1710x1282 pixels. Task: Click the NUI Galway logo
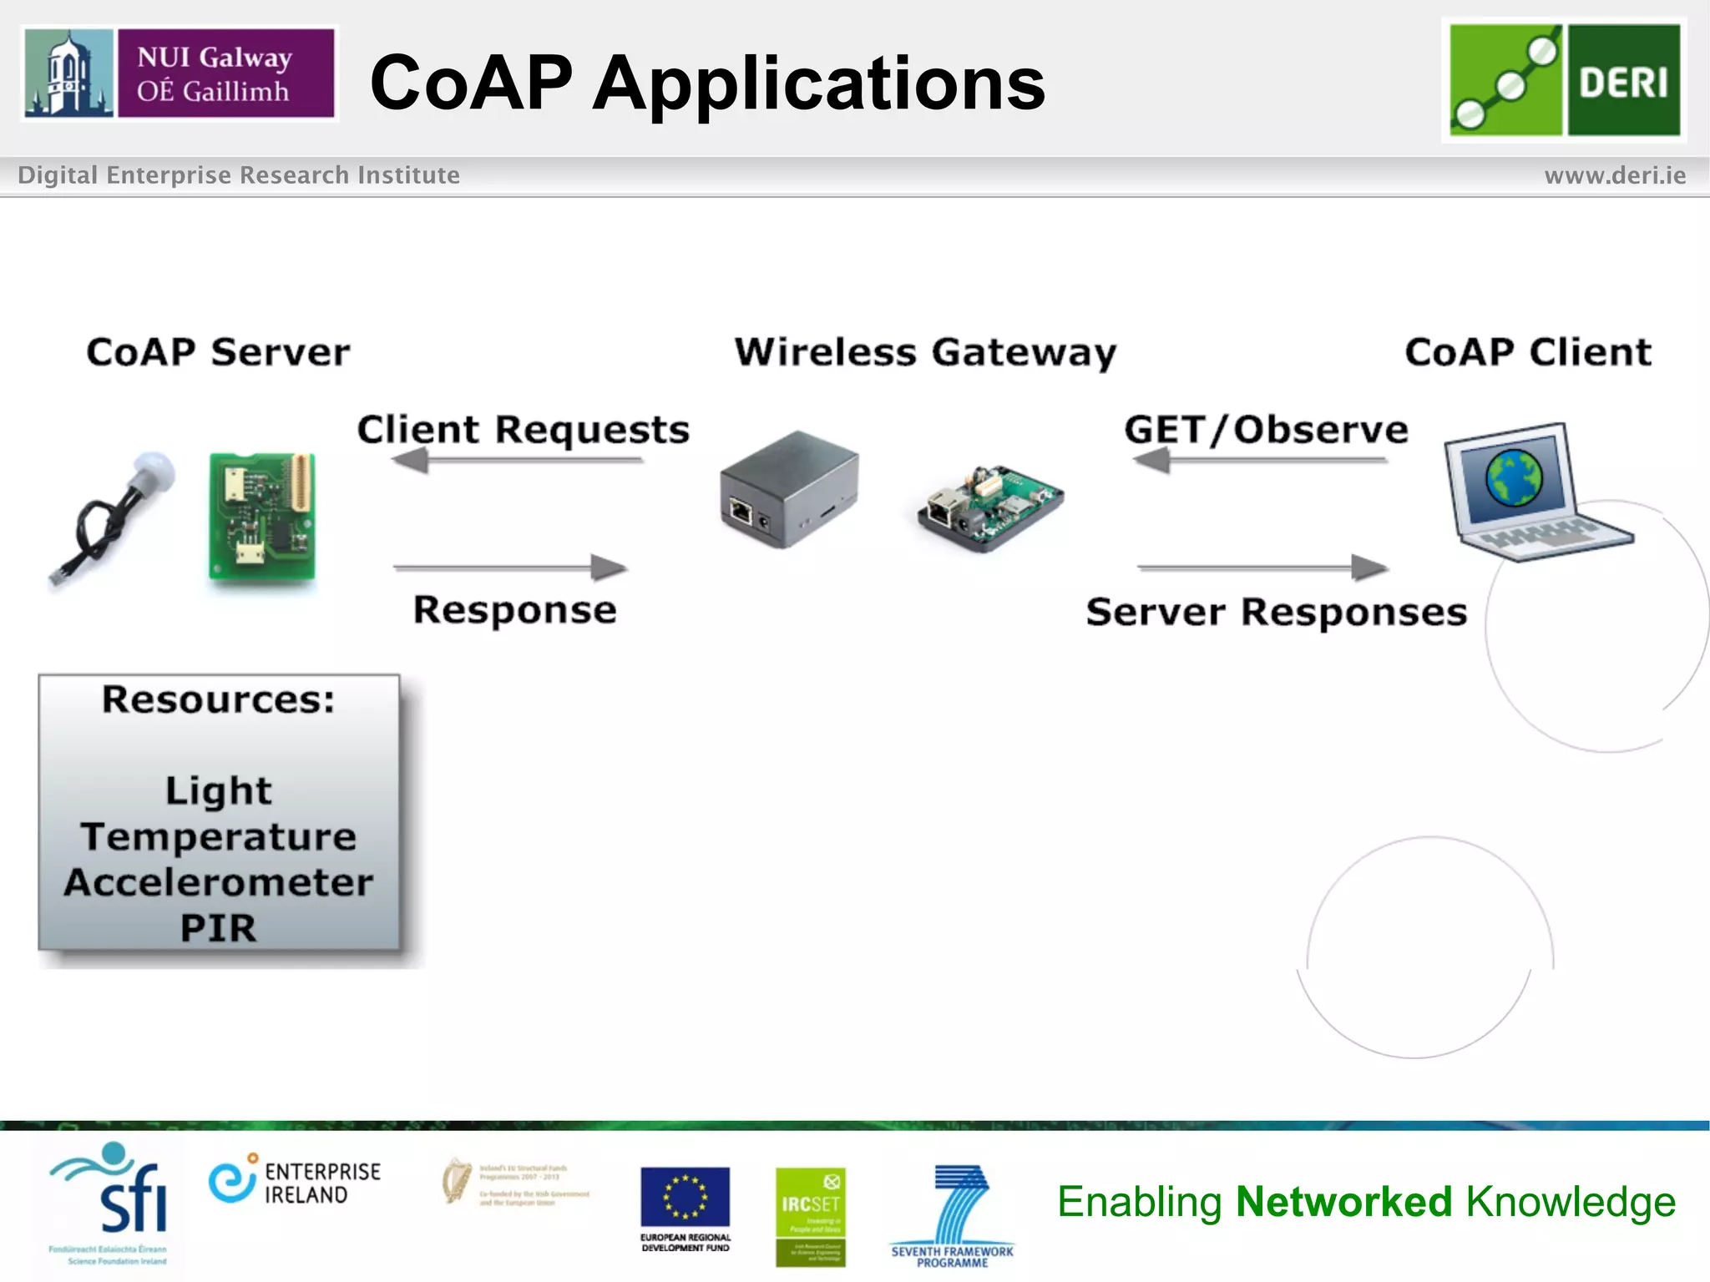click(x=179, y=73)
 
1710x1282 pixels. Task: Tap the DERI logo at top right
click(x=1564, y=79)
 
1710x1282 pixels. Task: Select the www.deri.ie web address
click(x=1614, y=175)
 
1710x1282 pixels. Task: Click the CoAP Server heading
click(x=218, y=352)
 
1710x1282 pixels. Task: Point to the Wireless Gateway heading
click(x=925, y=352)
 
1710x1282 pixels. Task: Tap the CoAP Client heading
click(x=1527, y=352)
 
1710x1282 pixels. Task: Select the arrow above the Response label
click(x=510, y=568)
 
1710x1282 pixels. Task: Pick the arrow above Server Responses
click(x=1262, y=568)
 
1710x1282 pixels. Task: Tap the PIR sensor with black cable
click(x=113, y=517)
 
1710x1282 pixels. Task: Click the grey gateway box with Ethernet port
click(x=788, y=489)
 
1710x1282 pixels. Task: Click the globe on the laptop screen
click(x=1513, y=477)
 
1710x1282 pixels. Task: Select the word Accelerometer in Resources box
click(x=219, y=882)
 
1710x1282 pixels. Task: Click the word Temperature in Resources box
click(x=219, y=836)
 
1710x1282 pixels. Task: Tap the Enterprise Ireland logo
click(x=295, y=1182)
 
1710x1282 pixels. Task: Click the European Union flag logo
click(x=685, y=1197)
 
